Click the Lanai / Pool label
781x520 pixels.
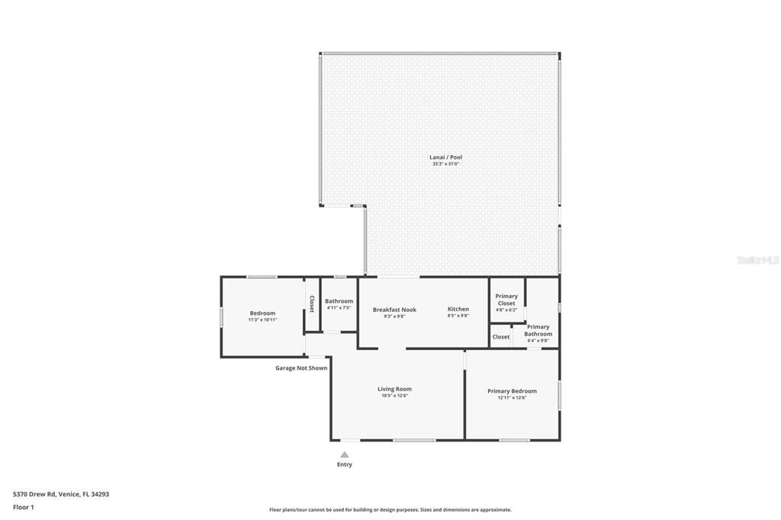(445, 157)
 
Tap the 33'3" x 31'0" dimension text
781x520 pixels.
(445, 164)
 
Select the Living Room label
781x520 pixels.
(394, 389)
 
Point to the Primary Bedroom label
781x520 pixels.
(512, 391)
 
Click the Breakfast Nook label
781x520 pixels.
(394, 310)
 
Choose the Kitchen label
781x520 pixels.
(458, 309)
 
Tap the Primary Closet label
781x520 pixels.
(506, 300)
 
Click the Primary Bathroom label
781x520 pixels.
(538, 330)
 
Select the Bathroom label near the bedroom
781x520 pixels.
(339, 301)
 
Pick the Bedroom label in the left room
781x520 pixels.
(262, 313)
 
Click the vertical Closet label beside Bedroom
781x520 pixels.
(311, 304)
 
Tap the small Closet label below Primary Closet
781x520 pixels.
(501, 337)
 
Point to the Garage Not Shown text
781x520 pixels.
(301, 368)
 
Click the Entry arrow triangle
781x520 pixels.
(345, 454)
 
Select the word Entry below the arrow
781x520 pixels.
(345, 464)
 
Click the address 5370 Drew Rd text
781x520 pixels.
(61, 494)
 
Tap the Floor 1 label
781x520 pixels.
(24, 507)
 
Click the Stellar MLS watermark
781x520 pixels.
(757, 260)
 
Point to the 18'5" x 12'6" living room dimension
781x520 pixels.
(394, 396)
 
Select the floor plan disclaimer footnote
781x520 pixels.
(390, 510)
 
